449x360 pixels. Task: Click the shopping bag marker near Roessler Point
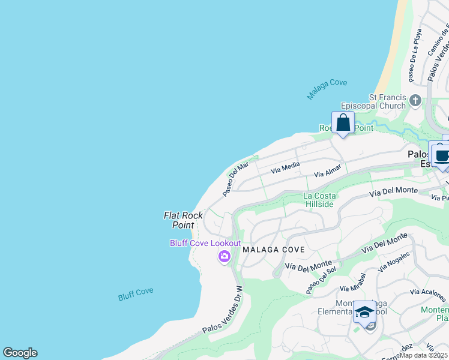coord(343,123)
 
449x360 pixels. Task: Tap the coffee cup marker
coord(442,156)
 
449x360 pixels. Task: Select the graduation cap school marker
coord(364,312)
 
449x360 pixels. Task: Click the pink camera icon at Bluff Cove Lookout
coord(224,257)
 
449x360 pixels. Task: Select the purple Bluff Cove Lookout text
coord(205,243)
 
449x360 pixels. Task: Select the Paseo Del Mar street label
coord(235,179)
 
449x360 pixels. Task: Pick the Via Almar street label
coord(328,170)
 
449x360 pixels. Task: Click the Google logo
coord(20,353)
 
